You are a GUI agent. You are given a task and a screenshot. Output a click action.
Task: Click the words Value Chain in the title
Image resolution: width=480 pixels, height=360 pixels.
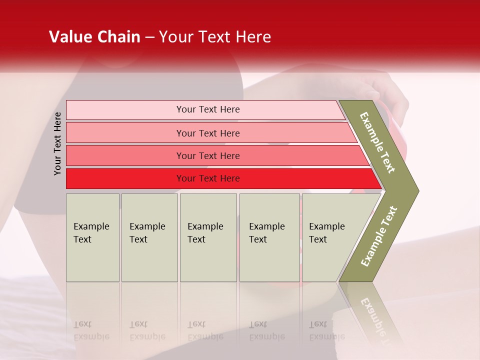(x=94, y=37)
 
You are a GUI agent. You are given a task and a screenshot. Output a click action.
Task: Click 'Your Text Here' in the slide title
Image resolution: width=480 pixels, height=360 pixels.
(x=215, y=37)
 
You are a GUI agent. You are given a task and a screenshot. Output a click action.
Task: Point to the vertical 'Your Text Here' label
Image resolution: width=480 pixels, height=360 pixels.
(x=57, y=143)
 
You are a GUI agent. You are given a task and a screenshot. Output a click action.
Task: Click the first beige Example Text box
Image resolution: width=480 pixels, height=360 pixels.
(x=92, y=237)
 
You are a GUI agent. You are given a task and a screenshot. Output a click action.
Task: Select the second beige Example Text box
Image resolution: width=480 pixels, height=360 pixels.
(x=149, y=237)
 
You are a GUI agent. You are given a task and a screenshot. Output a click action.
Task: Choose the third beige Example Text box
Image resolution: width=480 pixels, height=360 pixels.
(x=208, y=237)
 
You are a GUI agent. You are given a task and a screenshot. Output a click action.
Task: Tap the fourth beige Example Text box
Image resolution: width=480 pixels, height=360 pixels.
(x=269, y=237)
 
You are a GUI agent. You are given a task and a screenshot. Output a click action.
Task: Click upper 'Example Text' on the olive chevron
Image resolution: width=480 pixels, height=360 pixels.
(x=377, y=142)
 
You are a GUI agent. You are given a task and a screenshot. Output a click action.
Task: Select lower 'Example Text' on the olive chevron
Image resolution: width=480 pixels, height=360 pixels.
(x=379, y=236)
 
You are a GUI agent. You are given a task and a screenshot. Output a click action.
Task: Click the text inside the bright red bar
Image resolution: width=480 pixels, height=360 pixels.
(x=208, y=178)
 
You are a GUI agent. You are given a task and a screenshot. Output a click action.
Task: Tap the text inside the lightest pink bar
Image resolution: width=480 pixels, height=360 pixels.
(x=208, y=109)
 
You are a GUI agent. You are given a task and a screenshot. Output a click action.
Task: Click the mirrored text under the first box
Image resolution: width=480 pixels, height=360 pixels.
(x=91, y=330)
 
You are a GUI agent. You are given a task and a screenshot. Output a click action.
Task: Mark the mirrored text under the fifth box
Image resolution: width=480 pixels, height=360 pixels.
(x=327, y=330)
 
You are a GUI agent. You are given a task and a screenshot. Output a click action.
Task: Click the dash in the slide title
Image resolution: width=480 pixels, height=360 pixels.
(x=149, y=37)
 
